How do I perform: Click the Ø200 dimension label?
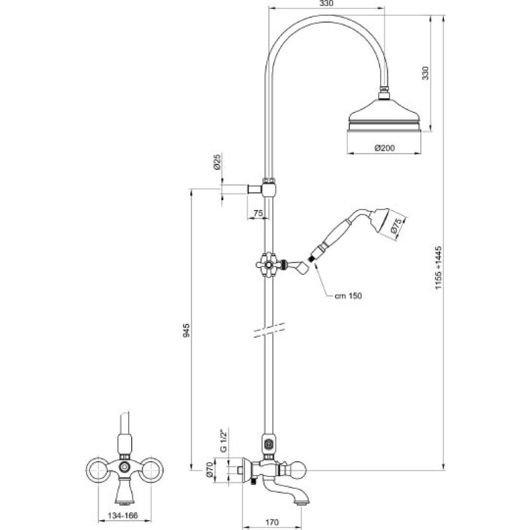385,148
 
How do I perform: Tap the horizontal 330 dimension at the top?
326,3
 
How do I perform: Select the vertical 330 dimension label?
425,73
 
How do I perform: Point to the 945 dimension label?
186,330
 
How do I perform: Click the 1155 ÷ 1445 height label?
439,268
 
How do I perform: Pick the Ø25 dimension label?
217,162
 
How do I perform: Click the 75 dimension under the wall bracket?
258,213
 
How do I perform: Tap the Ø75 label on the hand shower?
396,226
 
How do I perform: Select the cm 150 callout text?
348,295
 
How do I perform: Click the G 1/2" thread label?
223,439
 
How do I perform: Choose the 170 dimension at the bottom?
272,523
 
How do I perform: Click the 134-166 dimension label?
123,516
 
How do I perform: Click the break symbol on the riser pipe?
269,330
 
